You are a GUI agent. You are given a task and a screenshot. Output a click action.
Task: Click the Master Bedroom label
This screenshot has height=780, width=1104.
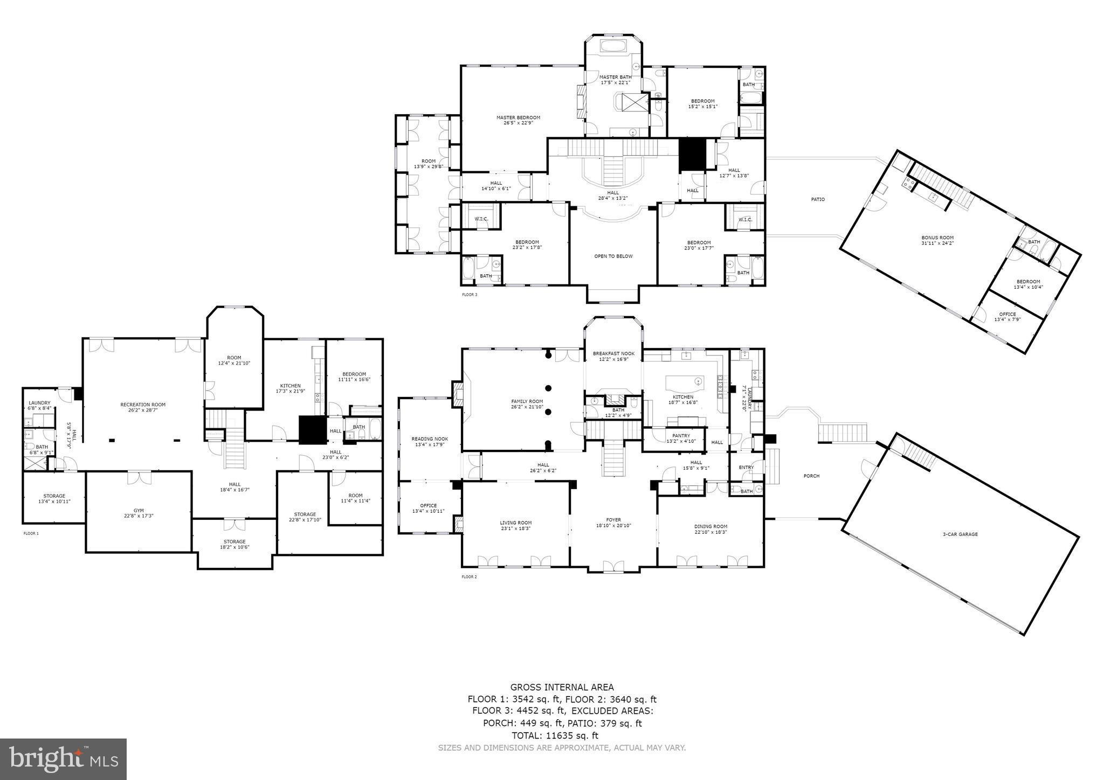tap(518, 117)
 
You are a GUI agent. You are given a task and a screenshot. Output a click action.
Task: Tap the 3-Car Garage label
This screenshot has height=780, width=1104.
tap(960, 534)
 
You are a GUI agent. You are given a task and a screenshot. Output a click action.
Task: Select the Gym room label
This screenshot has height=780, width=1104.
tap(139, 510)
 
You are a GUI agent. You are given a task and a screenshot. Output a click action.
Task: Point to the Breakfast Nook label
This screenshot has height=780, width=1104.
tap(613, 354)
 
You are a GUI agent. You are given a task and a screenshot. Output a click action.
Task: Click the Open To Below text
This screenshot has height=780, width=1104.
tap(613, 256)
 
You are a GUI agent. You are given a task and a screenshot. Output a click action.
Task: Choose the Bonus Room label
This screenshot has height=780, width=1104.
tap(937, 238)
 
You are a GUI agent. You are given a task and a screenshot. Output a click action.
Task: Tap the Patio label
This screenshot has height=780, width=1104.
tap(818, 199)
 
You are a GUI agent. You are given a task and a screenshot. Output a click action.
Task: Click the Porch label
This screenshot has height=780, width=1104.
tap(811, 476)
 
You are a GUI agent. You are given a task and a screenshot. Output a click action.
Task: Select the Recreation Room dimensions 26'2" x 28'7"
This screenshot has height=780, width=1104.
tap(143, 410)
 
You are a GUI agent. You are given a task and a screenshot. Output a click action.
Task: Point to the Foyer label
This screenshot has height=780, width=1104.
tap(613, 520)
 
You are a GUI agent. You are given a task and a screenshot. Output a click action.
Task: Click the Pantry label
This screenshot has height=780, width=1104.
tap(681, 436)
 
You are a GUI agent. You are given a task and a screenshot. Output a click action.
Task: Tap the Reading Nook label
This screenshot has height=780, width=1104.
tap(430, 439)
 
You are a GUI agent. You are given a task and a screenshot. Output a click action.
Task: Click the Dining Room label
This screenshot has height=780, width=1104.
tap(710, 526)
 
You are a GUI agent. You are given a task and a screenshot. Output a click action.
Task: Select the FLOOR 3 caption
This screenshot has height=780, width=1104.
tap(469, 295)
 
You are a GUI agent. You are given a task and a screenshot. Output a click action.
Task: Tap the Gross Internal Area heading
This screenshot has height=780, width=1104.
tap(562, 687)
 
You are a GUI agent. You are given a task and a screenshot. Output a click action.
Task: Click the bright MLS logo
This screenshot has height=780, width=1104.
tap(63, 759)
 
